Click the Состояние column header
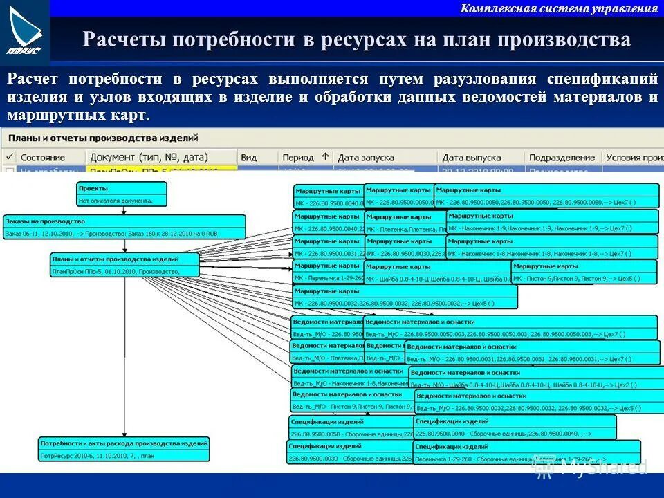point(42,158)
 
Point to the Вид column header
point(249,158)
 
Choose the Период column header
point(298,158)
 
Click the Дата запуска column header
point(366,158)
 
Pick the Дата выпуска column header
point(472,158)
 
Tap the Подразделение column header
point(562,158)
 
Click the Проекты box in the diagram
point(122,194)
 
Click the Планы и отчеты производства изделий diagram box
point(124,265)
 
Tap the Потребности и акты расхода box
point(124,449)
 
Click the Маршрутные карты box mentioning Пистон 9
point(584,272)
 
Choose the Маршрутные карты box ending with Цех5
point(405,297)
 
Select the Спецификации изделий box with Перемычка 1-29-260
point(526,453)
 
